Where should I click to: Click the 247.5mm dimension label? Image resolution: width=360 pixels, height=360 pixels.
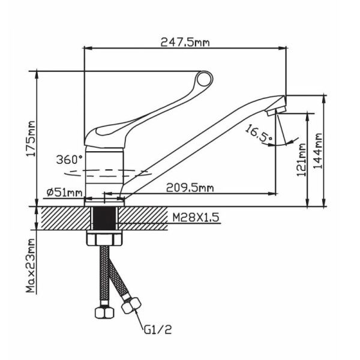[185, 42]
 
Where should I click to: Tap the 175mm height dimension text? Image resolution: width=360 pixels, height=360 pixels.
[31, 139]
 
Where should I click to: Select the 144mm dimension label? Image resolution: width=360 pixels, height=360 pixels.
[318, 151]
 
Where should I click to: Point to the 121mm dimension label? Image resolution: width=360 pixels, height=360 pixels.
[301, 160]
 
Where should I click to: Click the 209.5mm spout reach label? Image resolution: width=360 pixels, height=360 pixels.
[190, 188]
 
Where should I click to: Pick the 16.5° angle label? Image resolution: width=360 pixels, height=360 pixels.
[259, 134]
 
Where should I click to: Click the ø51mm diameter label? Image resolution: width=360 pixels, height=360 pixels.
[64, 193]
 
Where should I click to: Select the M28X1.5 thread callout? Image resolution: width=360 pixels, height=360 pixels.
[196, 217]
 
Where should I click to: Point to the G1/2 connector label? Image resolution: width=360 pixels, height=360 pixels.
[158, 330]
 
